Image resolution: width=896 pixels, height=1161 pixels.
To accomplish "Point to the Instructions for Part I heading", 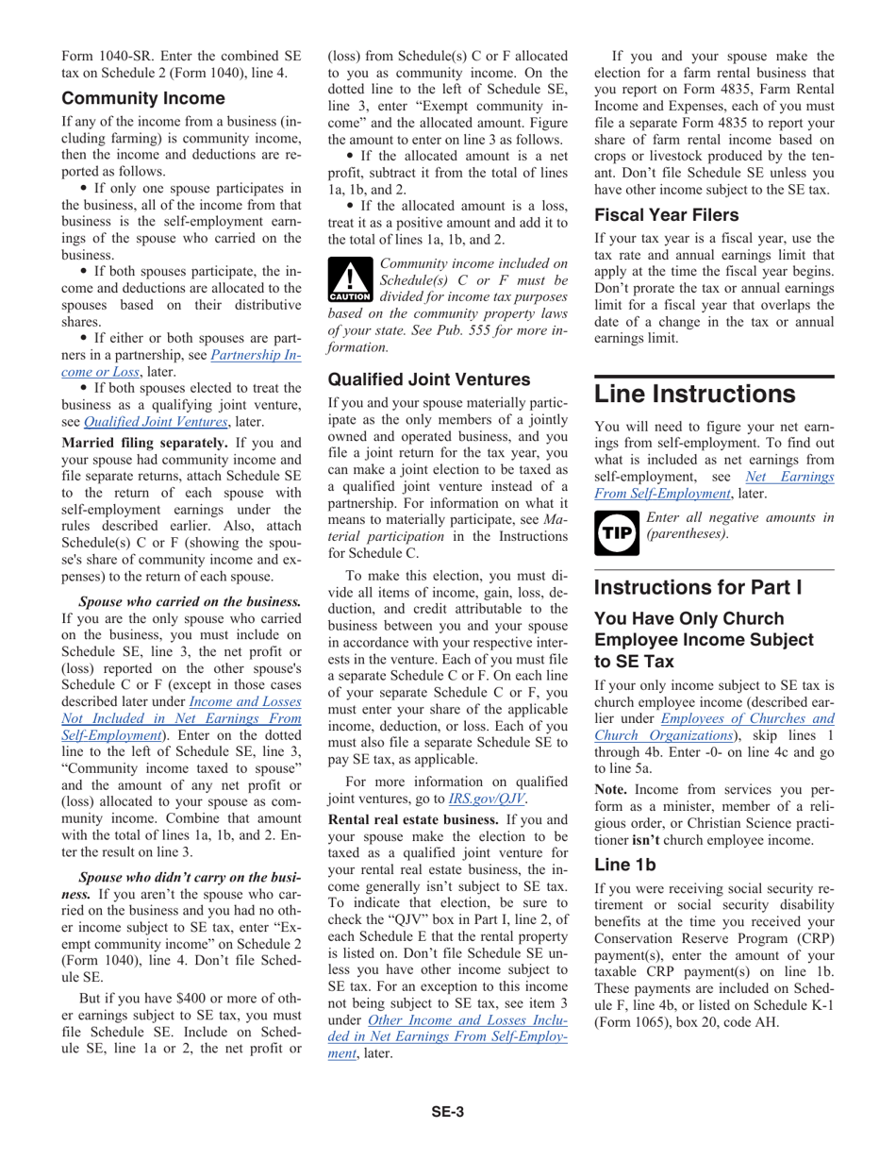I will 698,587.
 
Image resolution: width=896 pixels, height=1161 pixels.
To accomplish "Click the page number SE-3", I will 448,1112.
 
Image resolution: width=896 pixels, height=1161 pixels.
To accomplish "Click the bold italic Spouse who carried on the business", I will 190,601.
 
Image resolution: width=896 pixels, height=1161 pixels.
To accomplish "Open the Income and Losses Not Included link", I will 245,701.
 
